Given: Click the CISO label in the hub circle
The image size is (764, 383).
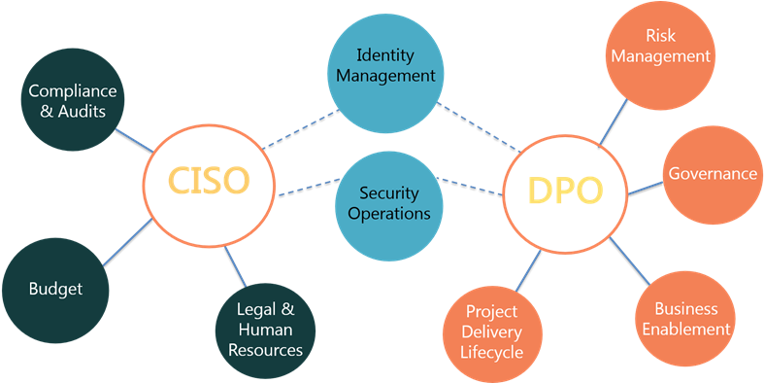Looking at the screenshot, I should (x=209, y=180).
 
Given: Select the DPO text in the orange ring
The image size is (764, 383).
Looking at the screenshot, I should (x=564, y=190).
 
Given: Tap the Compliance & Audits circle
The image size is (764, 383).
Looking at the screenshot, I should (x=73, y=101).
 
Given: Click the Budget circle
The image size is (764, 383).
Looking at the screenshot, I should (x=55, y=289).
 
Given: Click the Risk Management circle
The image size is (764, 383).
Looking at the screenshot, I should (x=659, y=46).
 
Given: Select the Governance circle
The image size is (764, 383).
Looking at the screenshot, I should (x=712, y=174).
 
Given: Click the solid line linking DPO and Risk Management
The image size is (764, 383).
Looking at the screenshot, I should (x=614, y=116).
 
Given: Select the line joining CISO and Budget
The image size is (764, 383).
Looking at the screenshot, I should (x=126, y=242).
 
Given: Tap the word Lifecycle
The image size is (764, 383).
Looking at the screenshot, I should (x=491, y=352).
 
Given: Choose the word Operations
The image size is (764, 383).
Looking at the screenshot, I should (x=388, y=213).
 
